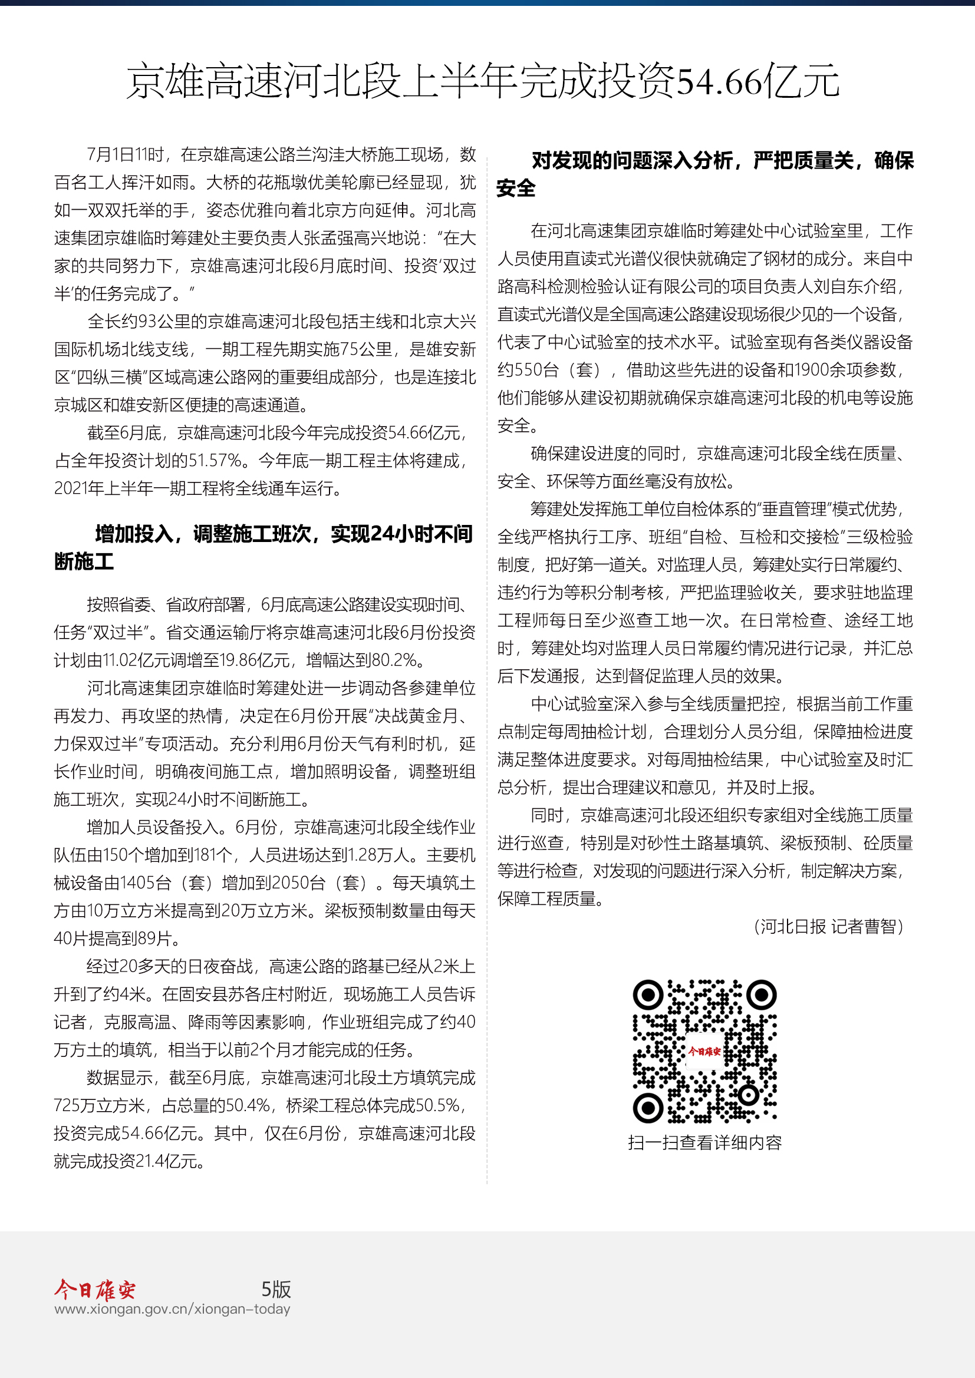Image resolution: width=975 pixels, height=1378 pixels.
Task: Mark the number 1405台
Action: tap(146, 883)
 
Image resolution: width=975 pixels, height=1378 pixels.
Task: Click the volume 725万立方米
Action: tap(100, 1105)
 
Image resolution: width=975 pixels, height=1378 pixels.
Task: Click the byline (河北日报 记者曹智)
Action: tap(828, 927)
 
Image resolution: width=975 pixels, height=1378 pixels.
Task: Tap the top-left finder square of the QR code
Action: tap(648, 996)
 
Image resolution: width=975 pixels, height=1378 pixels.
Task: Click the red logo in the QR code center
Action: tap(704, 1052)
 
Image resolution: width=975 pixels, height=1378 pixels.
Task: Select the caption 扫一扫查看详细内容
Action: tap(704, 1142)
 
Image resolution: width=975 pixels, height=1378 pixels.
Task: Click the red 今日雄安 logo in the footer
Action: tap(95, 1289)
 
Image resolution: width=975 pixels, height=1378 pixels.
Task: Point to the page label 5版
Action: tap(275, 1289)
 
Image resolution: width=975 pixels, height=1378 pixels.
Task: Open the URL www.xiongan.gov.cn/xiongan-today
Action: tap(172, 1309)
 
